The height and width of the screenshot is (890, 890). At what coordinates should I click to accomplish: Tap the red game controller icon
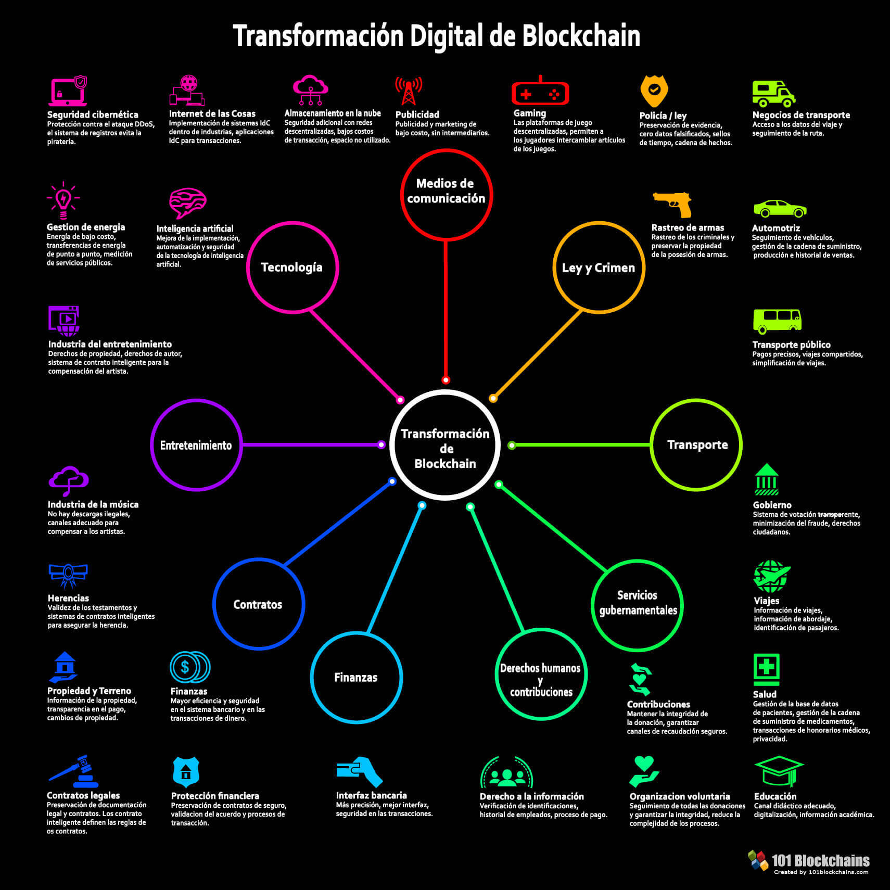point(540,93)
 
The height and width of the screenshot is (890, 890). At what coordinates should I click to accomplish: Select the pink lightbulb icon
point(63,200)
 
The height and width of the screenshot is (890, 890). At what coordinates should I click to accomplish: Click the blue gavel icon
point(74,771)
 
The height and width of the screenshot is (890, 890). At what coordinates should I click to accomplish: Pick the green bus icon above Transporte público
point(777,321)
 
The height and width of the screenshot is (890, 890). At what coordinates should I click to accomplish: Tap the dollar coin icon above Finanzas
point(190,667)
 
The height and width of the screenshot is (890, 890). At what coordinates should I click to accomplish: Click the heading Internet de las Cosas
point(212,113)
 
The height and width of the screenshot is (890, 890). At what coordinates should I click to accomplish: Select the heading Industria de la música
point(93,504)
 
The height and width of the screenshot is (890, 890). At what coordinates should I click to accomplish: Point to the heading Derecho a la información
point(532,796)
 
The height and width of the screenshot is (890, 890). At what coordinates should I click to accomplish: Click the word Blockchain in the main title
point(581,36)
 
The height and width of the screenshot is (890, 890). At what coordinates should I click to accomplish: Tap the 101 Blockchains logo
point(808,862)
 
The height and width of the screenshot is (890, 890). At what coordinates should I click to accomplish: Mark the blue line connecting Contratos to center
point(338,523)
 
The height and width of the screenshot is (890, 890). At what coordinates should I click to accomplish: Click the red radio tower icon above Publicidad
point(409,91)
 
